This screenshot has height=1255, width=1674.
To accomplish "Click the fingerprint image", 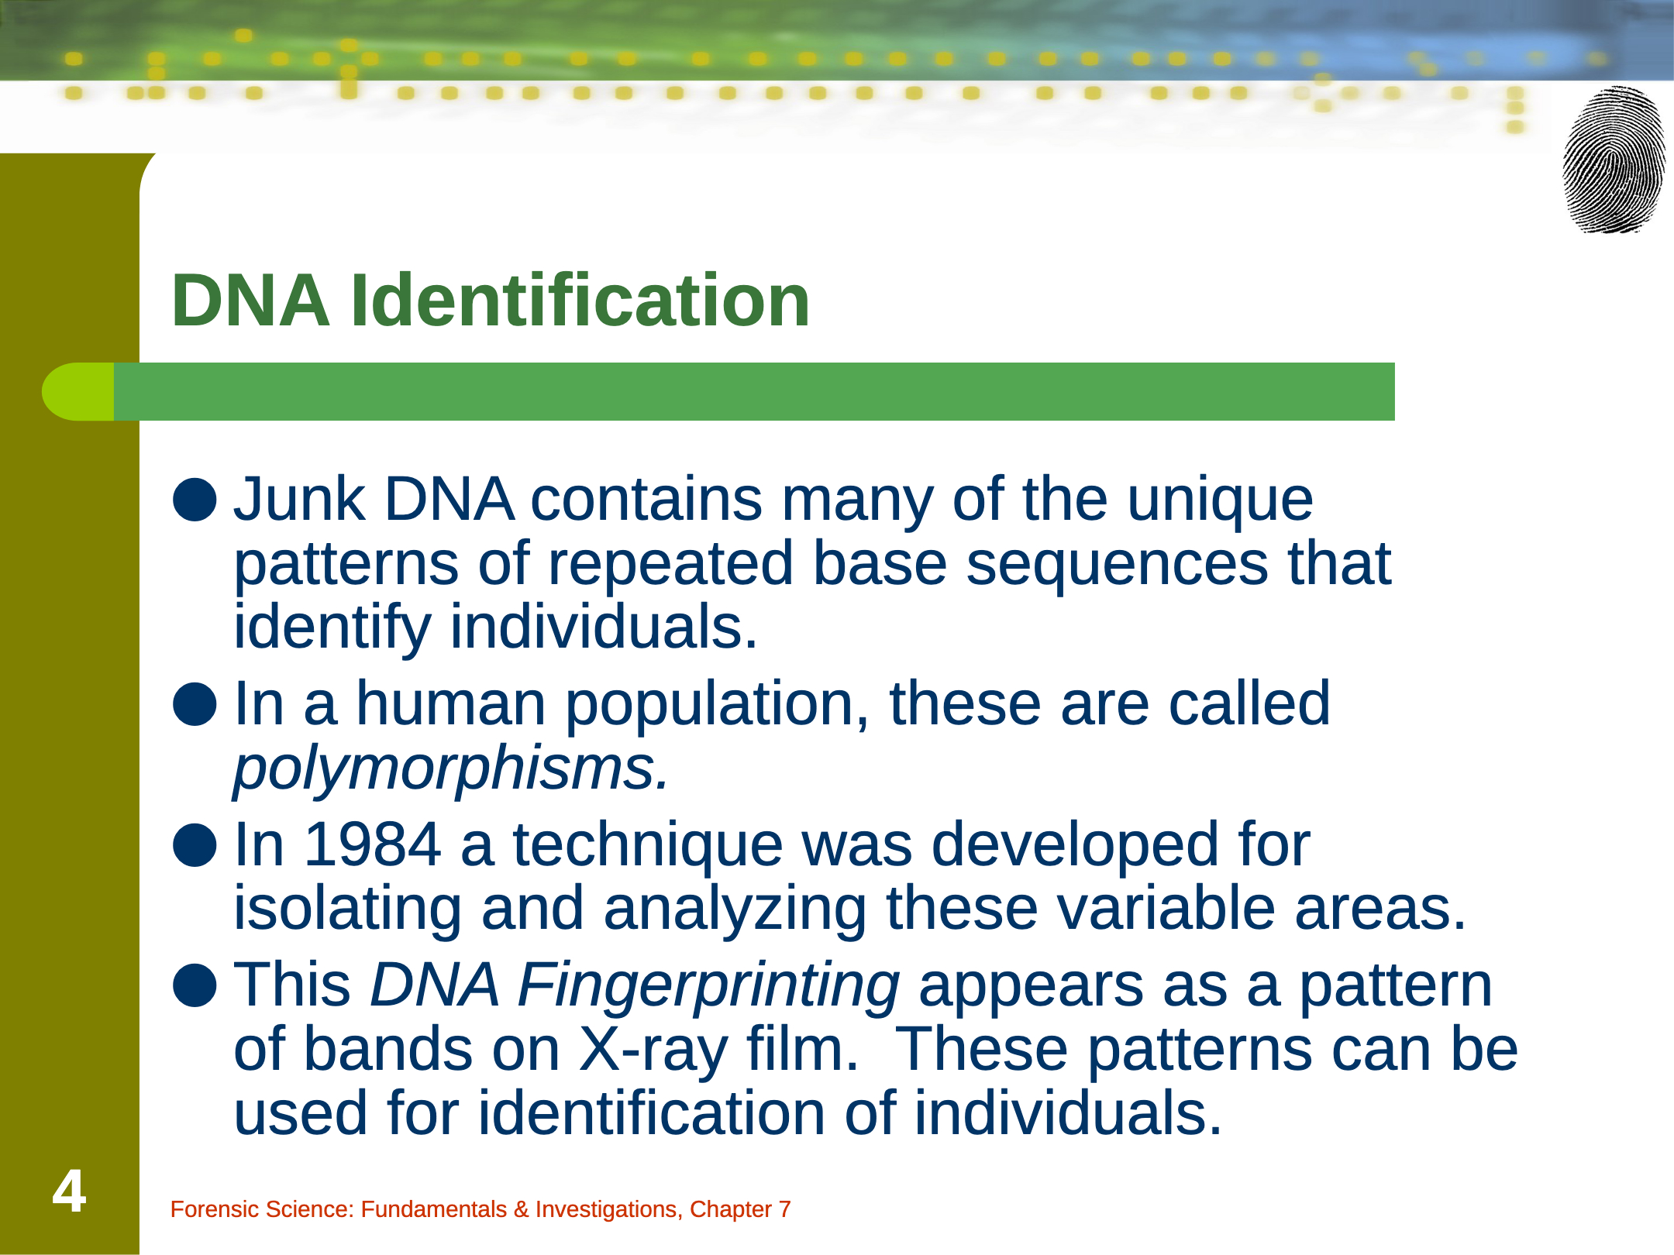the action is [1614, 160].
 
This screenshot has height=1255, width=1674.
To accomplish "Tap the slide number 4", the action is [69, 1191].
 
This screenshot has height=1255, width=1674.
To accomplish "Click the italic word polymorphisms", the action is [452, 768].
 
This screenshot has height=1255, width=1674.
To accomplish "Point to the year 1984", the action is [373, 844].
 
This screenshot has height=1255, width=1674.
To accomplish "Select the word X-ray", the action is [654, 1050].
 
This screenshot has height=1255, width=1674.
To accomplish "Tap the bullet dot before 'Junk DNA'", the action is [194, 500].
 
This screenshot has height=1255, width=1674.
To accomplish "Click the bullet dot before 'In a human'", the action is [194, 704].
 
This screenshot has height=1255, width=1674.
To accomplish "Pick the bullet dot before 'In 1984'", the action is [194, 844].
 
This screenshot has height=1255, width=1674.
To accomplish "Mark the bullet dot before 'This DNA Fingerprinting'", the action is [194, 985].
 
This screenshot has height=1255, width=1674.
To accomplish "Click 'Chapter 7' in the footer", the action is [740, 1209].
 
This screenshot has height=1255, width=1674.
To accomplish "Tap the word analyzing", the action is [735, 909].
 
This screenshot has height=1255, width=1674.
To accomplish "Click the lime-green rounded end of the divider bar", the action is [77, 392].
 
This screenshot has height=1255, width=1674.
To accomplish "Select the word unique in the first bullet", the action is [1220, 500].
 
